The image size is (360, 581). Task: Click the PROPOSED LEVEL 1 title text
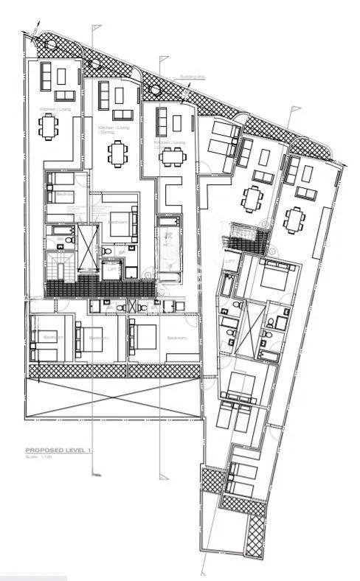pos(56,450)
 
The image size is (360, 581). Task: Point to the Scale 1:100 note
pos(38,458)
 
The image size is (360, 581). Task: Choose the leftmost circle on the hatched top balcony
pos(51,44)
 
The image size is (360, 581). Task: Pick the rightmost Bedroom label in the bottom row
pos(177,338)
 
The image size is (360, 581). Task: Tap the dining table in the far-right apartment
pos(295,218)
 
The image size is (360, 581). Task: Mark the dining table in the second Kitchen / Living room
pos(117,153)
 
